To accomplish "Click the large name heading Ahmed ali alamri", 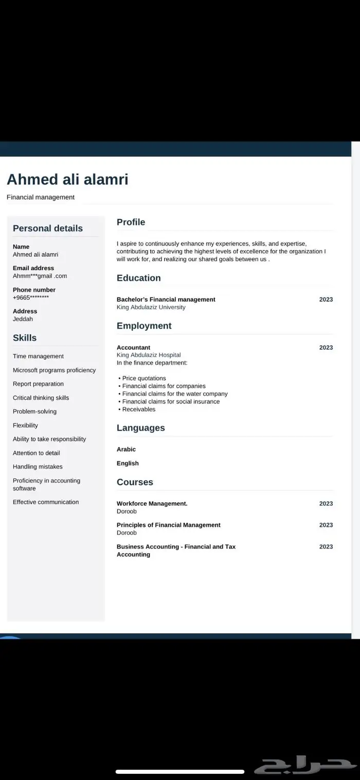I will tap(67, 180).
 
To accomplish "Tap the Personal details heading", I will tap(47, 228).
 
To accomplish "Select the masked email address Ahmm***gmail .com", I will tap(40, 276).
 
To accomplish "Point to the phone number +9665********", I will tap(31, 297).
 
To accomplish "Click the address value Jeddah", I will tap(23, 319).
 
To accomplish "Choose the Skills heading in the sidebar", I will tap(25, 338).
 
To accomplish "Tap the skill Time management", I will tap(38, 357).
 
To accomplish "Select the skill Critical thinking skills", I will tap(41, 398).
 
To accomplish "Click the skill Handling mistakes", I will tap(38, 467).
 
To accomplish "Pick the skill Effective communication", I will tap(46, 502).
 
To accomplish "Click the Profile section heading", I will tap(131, 222).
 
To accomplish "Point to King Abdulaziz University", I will tap(151, 307).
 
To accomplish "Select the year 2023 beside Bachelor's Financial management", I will tap(326, 299).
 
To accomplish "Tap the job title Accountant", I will tap(133, 348).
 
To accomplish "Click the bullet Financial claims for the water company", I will tap(174, 394).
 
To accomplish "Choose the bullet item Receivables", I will tap(138, 410).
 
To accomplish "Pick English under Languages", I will tap(128, 464).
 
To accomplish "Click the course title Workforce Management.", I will tap(152, 504).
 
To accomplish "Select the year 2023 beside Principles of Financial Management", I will tap(326, 525).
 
